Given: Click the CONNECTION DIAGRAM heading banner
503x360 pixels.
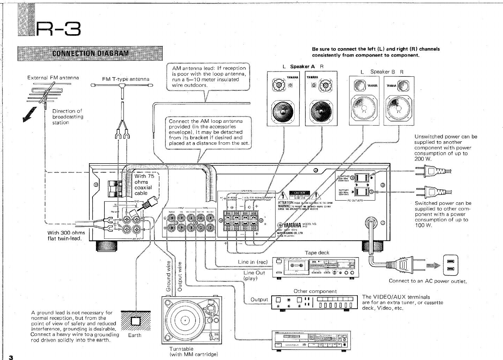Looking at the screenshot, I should pyautogui.click(x=90, y=53).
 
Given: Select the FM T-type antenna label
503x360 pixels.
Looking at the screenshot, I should pyautogui.click(x=126, y=79).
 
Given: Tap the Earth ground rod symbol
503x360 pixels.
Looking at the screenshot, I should pyautogui.click(x=135, y=321).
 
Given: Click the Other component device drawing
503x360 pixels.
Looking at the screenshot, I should pyautogui.click(x=315, y=302).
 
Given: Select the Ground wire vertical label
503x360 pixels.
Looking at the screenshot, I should pyautogui.click(x=169, y=276).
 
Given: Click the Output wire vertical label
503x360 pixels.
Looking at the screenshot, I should pyautogui.click(x=180, y=276).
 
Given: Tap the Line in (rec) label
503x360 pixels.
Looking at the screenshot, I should pyautogui.click(x=253, y=262).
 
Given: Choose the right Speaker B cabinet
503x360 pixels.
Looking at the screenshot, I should pyautogui.click(x=399, y=100).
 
